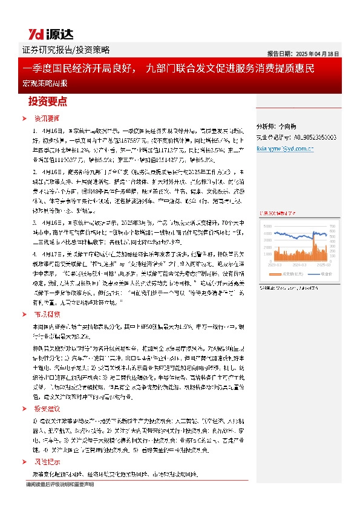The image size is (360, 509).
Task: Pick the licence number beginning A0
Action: (x=313, y=137)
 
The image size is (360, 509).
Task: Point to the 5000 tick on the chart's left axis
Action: (x=267, y=225)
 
